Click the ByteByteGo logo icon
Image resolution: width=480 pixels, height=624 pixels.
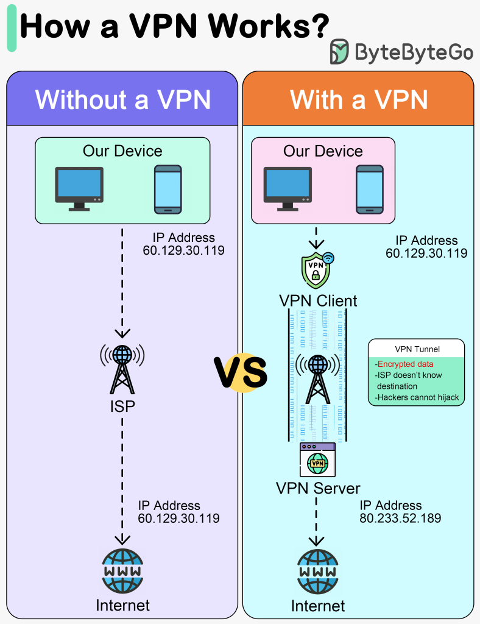click(x=339, y=52)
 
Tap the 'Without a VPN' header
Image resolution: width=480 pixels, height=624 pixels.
click(x=122, y=99)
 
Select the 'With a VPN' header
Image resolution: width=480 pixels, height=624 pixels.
click(x=358, y=99)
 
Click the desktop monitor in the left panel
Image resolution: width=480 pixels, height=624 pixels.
click(x=79, y=188)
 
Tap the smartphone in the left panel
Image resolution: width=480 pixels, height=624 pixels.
click(x=168, y=189)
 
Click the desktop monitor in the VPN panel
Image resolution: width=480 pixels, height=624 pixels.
click(x=287, y=188)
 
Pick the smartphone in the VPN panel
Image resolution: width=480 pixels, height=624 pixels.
click(x=370, y=189)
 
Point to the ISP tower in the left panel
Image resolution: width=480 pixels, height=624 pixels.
click(x=122, y=369)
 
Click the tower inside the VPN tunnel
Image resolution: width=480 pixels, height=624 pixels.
click(x=317, y=376)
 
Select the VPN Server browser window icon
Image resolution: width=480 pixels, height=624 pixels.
click(x=317, y=459)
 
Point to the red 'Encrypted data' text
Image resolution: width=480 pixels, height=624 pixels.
click(x=405, y=364)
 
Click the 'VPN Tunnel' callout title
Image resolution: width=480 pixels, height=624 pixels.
click(x=417, y=349)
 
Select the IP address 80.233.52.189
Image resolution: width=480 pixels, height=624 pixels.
click(x=400, y=519)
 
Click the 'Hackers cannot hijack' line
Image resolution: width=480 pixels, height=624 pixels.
click(x=417, y=398)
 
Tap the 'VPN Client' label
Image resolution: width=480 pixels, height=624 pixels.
click(x=318, y=300)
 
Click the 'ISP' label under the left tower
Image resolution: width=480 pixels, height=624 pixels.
click(x=122, y=406)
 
